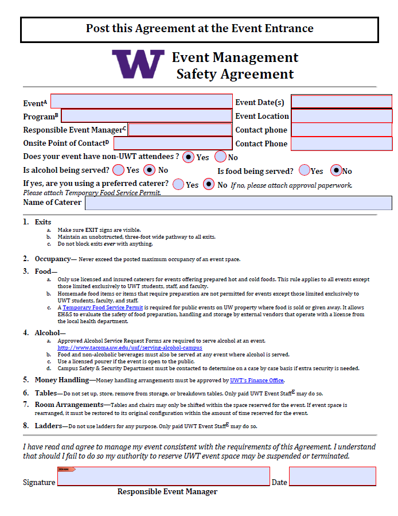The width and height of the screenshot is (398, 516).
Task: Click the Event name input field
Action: pyautogui.click(x=142, y=102)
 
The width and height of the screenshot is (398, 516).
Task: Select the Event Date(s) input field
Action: pyautogui.click(x=341, y=102)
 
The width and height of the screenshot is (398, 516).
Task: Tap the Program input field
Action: pyautogui.click(x=146, y=116)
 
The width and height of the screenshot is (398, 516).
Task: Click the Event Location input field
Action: pyautogui.click(x=341, y=116)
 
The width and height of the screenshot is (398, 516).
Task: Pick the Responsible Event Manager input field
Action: pyautogui.click(x=180, y=130)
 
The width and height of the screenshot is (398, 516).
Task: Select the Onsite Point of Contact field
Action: pyautogui.click(x=173, y=143)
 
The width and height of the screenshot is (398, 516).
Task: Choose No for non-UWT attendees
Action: pyautogui.click(x=220, y=157)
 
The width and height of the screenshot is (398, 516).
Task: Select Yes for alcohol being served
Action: pyautogui.click(x=118, y=170)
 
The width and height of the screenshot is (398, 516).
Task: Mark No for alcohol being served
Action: pyautogui.click(x=149, y=170)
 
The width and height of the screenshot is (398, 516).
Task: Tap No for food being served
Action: pyautogui.click(x=336, y=170)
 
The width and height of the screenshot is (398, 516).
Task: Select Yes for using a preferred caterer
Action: pyautogui.click(x=178, y=184)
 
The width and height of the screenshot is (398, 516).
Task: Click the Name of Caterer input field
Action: pyautogui.click(x=238, y=203)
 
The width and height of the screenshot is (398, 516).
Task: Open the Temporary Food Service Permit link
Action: pyautogui.click(x=103, y=308)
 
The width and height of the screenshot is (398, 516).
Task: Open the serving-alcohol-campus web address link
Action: pyautogui.click(x=130, y=348)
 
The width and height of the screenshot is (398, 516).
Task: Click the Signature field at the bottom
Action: pyautogui.click(x=163, y=477)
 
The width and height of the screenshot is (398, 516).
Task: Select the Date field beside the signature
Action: pyautogui.click(x=332, y=477)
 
